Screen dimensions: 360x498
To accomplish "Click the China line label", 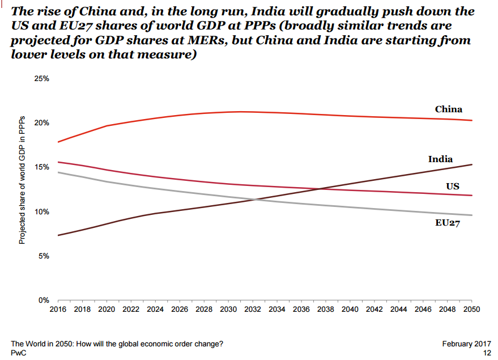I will point(448,109).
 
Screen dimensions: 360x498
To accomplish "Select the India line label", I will point(440,159).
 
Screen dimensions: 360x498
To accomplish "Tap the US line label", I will point(452,187).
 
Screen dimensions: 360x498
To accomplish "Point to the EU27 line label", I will point(447,223).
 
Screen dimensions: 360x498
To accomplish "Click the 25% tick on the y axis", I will point(42,79).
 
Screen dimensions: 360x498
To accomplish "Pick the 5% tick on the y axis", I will point(44,256).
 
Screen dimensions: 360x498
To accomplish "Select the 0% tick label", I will point(44,300).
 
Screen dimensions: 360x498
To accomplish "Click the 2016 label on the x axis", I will point(58,310).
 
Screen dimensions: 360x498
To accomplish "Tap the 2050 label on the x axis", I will point(471,310).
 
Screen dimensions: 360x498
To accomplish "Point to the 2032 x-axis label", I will point(253,310).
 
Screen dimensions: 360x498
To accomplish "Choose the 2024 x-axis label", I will point(155,310).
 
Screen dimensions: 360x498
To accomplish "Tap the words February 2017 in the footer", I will point(466,344).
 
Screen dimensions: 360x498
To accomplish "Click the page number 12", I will point(486,353).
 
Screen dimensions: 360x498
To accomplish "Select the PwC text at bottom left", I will point(18,353).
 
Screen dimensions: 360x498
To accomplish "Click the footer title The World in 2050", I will point(117,344).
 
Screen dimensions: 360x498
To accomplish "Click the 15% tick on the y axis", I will point(42,167).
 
